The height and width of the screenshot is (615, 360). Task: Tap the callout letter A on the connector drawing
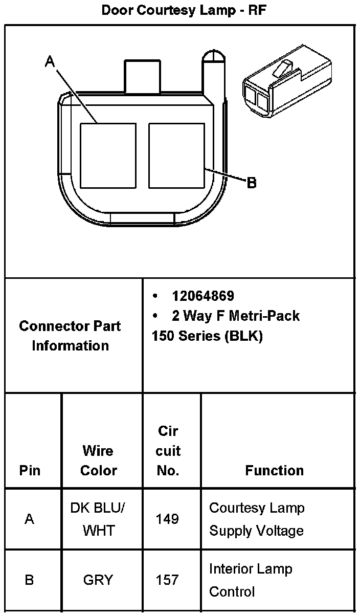pyautogui.click(x=50, y=62)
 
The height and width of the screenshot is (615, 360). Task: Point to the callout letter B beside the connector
pyautogui.click(x=251, y=183)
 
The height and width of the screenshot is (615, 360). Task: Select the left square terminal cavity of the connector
pyautogui.click(x=108, y=155)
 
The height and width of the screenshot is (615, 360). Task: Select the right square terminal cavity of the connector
pyautogui.click(x=176, y=155)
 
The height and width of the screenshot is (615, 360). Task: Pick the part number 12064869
pyautogui.click(x=203, y=296)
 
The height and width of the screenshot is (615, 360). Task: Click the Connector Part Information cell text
pyautogui.click(x=70, y=336)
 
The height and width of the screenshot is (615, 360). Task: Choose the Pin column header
pyautogui.click(x=30, y=470)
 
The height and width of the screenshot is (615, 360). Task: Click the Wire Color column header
pyautogui.click(x=99, y=460)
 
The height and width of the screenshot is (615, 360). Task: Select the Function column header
pyautogui.click(x=274, y=470)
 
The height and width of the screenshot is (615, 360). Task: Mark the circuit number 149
pyautogui.click(x=168, y=519)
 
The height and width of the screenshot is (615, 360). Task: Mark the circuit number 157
pyautogui.click(x=168, y=580)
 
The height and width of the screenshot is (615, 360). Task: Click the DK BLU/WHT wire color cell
pyautogui.click(x=98, y=519)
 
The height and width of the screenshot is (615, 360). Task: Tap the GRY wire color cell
pyautogui.click(x=98, y=580)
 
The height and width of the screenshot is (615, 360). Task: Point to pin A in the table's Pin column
pyautogui.click(x=30, y=519)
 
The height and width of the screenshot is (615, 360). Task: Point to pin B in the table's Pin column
pyautogui.click(x=30, y=580)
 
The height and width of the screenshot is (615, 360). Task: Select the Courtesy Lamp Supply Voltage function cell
pyautogui.click(x=257, y=519)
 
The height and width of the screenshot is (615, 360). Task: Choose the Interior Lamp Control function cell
pyautogui.click(x=250, y=580)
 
